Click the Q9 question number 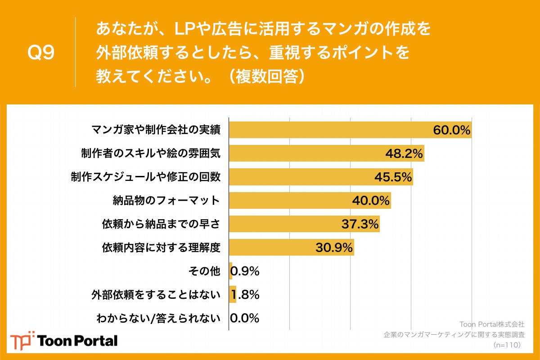pyautogui.click(x=41, y=53)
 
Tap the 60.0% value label pyautogui.click(x=451, y=130)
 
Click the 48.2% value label pyautogui.click(x=404, y=154)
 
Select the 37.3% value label pyautogui.click(x=360, y=224)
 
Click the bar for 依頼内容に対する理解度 pyautogui.click(x=270, y=247)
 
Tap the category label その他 pyautogui.click(x=205, y=271)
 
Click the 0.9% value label pyautogui.click(x=245, y=271)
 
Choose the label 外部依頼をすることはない pyautogui.click(x=156, y=295)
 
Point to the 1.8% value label pyautogui.click(x=245, y=295)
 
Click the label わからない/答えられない pyautogui.click(x=158, y=319)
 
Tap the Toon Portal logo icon pyautogui.click(x=22, y=340)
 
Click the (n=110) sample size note pyautogui.click(x=507, y=345)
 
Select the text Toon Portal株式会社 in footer pyautogui.click(x=491, y=324)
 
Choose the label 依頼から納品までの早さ pyautogui.click(x=161, y=224)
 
